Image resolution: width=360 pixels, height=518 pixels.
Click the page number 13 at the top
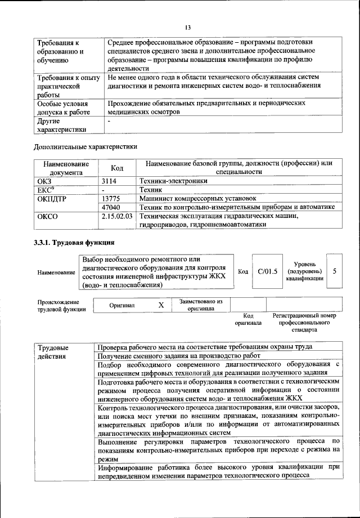tap(188, 27)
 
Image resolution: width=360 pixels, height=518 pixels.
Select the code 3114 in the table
tap(111, 181)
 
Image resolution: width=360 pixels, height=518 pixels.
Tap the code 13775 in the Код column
tap(113, 198)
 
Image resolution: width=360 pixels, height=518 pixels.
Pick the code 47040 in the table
tap(113, 207)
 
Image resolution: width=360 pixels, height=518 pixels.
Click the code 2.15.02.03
tap(118, 216)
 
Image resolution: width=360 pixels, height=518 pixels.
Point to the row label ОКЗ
tap(44, 181)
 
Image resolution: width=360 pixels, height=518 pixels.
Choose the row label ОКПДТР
tap(51, 198)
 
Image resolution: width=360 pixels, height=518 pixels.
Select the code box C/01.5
tap(268, 271)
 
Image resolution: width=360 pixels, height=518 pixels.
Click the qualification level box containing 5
tap(335, 271)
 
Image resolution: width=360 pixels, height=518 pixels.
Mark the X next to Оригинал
tap(161, 305)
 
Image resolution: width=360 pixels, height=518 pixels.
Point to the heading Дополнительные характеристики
tap(85, 146)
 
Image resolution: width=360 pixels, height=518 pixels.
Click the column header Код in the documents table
tap(117, 168)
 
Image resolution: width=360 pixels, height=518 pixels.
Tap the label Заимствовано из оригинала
tap(201, 305)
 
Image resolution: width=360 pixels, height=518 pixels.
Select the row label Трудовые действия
tap(53, 351)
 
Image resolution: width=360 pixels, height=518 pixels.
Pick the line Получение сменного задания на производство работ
tap(179, 356)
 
